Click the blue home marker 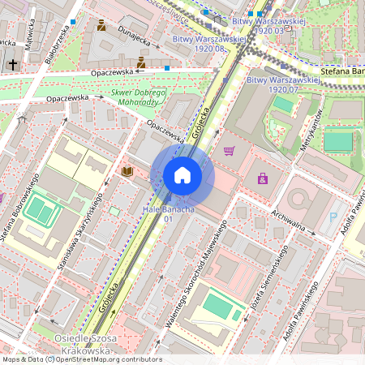click(x=182, y=175)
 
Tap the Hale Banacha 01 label click(x=169, y=214)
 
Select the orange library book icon click(x=127, y=171)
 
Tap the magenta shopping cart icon click(x=230, y=150)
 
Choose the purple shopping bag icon click(x=262, y=178)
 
